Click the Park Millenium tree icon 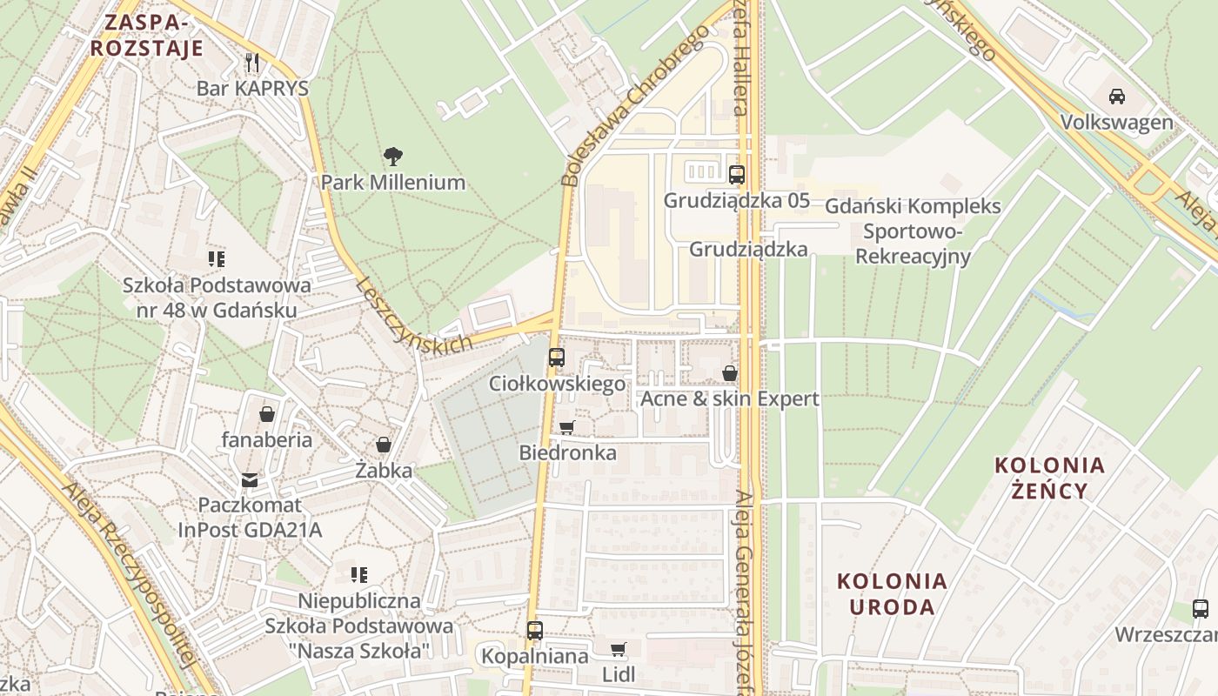click(392, 157)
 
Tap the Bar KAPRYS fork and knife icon click(252, 62)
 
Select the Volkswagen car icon click(1117, 96)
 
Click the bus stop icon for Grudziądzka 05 click(737, 174)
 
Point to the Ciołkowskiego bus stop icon click(557, 357)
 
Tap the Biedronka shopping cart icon click(567, 427)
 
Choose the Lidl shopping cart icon click(619, 649)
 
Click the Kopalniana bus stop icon click(535, 630)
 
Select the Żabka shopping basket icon click(384, 445)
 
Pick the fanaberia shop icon click(267, 414)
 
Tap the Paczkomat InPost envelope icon click(250, 479)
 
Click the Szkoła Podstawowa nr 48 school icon click(217, 258)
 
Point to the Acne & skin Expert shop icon click(730, 373)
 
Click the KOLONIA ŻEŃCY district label click(1050, 478)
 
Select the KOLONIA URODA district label click(893, 593)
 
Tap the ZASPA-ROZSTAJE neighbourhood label click(147, 35)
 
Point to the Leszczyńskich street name click(414, 315)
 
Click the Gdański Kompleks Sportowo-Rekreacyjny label click(912, 231)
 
